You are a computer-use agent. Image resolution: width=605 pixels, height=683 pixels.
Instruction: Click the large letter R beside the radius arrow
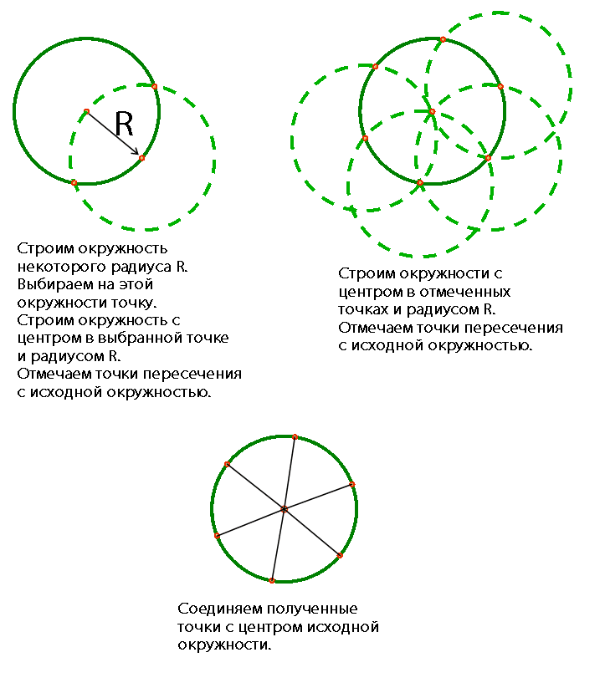(124, 124)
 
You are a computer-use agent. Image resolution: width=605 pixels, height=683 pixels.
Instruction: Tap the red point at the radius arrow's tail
(86, 111)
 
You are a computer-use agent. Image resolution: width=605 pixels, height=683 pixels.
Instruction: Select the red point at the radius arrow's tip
(141, 158)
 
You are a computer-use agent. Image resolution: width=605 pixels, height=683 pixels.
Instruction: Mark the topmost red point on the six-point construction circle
(443, 39)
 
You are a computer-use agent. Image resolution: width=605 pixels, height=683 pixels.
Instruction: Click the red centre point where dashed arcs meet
(432, 111)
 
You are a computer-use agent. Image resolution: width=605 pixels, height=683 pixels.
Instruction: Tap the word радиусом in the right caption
(443, 310)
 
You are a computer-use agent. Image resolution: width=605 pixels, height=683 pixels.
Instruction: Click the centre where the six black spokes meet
(285, 509)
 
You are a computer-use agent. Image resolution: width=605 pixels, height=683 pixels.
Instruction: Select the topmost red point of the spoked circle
(295, 436)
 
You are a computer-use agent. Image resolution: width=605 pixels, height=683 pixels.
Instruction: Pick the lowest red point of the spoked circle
(272, 581)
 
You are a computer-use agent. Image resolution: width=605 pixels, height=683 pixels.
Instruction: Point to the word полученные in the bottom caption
(312, 609)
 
